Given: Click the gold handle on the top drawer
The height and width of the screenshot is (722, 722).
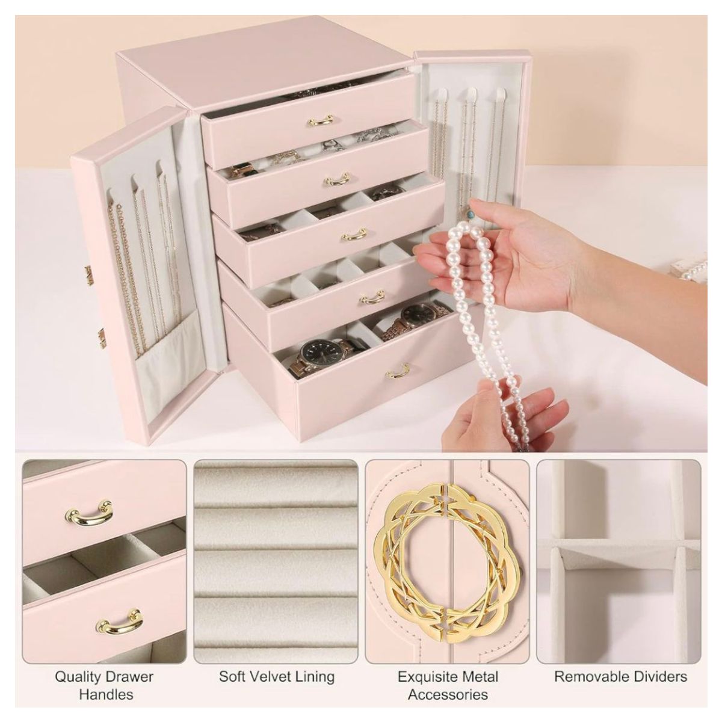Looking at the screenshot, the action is [x=320, y=121].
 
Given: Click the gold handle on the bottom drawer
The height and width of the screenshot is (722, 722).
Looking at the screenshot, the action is [x=398, y=371].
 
